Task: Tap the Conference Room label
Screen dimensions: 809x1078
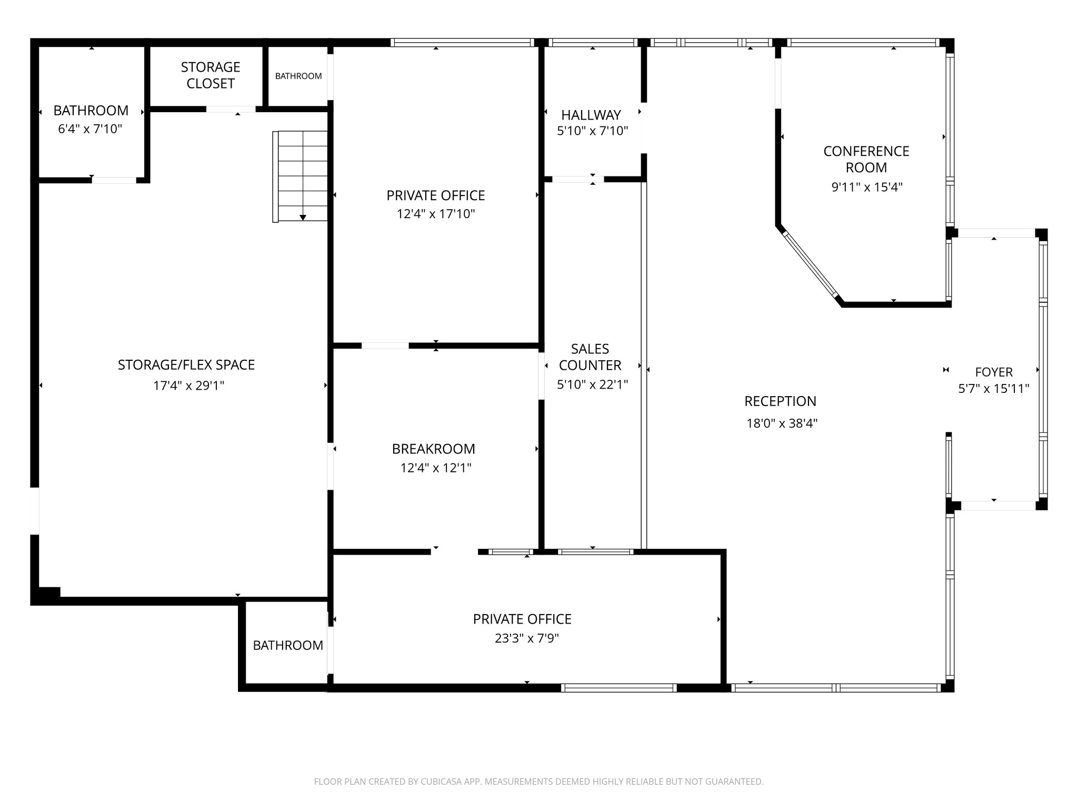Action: (x=866, y=159)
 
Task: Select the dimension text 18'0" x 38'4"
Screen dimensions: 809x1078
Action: (x=782, y=423)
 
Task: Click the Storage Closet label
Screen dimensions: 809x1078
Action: (x=211, y=75)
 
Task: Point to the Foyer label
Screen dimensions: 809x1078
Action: (x=993, y=372)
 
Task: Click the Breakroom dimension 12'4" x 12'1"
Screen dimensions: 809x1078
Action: (x=435, y=468)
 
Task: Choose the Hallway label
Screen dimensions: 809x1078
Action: (x=591, y=115)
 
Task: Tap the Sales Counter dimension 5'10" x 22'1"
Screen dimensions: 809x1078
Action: (x=592, y=384)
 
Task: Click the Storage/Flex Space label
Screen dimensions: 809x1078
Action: (x=186, y=365)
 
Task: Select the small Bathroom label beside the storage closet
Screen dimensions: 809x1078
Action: (x=298, y=76)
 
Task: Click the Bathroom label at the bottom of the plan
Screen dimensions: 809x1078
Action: (x=288, y=645)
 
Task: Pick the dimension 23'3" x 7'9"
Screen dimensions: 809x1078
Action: (x=526, y=638)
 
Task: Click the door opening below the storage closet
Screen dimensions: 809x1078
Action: (x=231, y=110)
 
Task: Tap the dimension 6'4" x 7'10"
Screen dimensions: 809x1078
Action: (x=90, y=129)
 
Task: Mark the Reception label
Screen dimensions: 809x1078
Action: (x=780, y=401)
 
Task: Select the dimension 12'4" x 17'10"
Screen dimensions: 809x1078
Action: (x=436, y=214)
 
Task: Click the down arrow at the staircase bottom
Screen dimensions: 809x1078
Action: (x=303, y=217)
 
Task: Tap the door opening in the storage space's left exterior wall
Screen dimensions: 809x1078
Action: (x=35, y=510)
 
